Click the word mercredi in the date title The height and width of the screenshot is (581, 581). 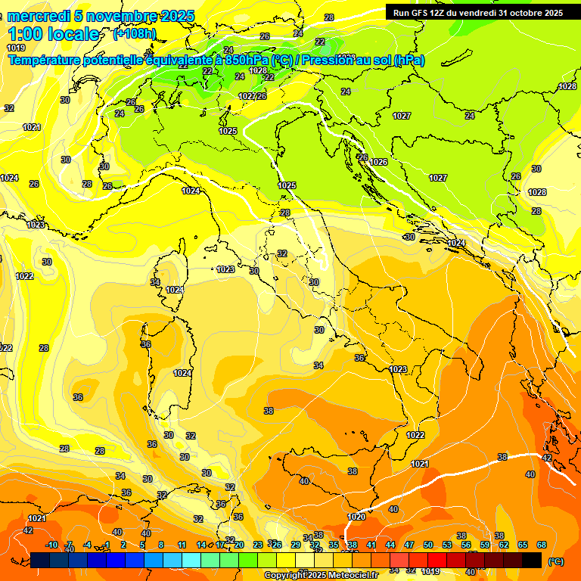tap(38, 16)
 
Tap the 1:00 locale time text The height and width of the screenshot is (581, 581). tap(53, 34)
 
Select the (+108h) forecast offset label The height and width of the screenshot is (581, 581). tap(135, 34)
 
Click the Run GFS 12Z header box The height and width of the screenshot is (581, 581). tap(477, 12)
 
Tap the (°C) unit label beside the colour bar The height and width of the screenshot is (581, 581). tap(556, 561)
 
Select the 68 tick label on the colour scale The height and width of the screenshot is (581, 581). tap(542, 545)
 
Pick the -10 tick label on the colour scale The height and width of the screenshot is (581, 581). tap(51, 545)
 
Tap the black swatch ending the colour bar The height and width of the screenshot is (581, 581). tap(532, 560)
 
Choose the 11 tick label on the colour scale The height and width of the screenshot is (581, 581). tap(182, 545)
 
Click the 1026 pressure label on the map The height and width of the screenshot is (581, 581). tap(378, 162)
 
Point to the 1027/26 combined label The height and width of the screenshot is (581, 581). tap(253, 96)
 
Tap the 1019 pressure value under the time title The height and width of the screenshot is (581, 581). tap(15, 47)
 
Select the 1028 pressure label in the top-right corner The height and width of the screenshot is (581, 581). tap(567, 86)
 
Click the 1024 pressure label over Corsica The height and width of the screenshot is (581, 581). tap(175, 290)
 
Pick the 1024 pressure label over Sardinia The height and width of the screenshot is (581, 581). tap(182, 373)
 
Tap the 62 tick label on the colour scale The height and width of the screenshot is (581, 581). tap(503, 545)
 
